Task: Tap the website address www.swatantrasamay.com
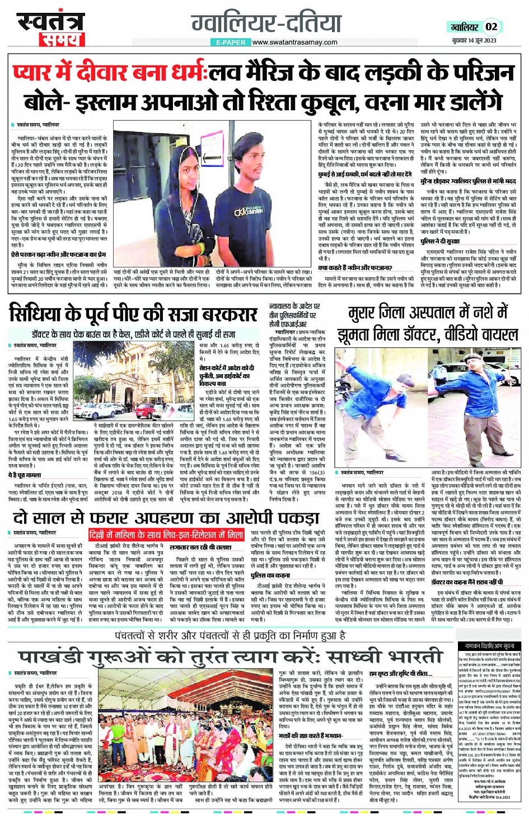click(x=294, y=42)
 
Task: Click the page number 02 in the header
click(x=491, y=27)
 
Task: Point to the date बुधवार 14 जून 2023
click(x=474, y=40)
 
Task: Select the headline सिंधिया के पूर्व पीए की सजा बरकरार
click(x=132, y=314)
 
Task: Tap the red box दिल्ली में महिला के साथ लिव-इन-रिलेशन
click(x=166, y=535)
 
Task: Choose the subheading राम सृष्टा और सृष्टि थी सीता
click(x=400, y=674)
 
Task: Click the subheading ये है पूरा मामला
click(x=25, y=475)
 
